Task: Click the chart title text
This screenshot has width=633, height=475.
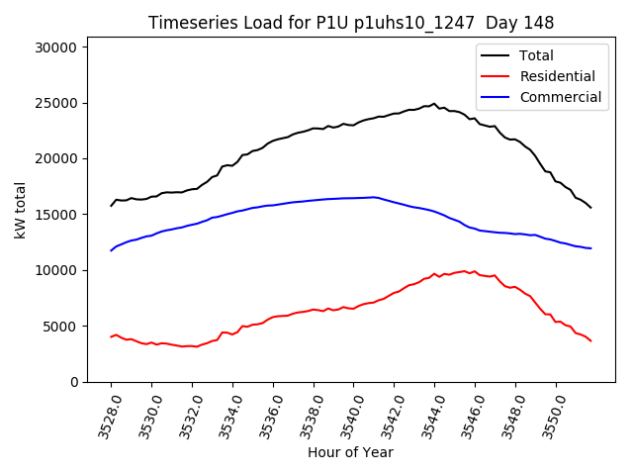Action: click(350, 23)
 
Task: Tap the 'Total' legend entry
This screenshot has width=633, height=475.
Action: click(536, 55)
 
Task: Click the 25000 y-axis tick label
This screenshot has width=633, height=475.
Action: click(61, 103)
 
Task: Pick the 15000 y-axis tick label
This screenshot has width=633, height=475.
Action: click(61, 215)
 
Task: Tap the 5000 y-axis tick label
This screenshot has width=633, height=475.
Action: click(65, 327)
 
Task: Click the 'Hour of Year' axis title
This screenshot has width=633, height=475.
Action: click(350, 453)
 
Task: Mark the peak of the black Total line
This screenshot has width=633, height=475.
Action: click(433, 103)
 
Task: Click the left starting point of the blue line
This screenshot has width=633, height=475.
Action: click(111, 250)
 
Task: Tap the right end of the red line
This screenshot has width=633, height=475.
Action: click(591, 341)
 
